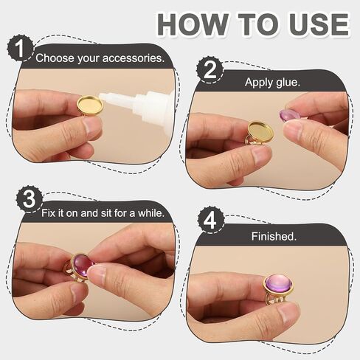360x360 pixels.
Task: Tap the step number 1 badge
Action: [20, 49]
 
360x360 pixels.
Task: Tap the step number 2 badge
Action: [210, 70]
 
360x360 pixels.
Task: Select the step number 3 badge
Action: [30, 199]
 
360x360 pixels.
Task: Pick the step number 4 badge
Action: [211, 221]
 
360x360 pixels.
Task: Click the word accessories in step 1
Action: [134, 58]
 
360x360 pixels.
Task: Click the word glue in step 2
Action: [288, 82]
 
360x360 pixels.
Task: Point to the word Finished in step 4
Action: [274, 236]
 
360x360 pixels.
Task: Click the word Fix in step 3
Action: [48, 213]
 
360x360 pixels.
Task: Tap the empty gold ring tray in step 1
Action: [91, 105]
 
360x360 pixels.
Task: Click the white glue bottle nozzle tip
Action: [101, 96]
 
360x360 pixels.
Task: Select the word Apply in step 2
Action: [259, 82]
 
